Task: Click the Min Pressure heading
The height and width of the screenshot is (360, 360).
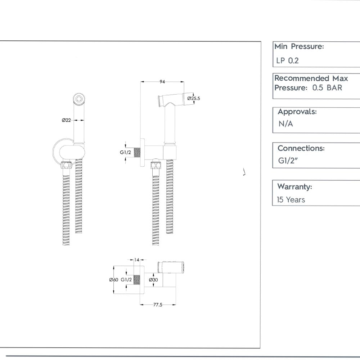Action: [299, 46]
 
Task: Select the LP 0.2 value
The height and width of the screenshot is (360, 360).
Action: [287, 60]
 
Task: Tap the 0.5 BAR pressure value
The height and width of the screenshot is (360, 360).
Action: [327, 88]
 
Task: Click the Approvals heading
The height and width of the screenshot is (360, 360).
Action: [297, 112]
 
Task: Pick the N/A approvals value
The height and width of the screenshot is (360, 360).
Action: [285, 124]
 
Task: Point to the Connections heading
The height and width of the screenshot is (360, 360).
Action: [301, 148]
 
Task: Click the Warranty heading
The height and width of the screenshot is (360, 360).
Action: [294, 187]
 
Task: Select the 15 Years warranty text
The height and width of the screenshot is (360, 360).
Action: [291, 200]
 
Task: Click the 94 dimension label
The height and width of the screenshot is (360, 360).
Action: [162, 82]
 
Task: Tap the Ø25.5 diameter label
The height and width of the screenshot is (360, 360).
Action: [193, 98]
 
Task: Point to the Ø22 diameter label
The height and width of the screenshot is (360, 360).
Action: [66, 120]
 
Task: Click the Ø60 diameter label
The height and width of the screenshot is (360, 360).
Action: [113, 280]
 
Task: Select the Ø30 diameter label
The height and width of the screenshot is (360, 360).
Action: [153, 280]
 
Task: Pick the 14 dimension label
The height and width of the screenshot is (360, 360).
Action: [137, 260]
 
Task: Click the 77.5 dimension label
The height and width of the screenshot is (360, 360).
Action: [158, 305]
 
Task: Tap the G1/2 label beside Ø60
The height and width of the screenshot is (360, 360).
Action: [126, 280]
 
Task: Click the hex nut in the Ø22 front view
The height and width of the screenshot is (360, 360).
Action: [66, 166]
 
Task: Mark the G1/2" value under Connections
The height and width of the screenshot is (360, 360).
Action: [286, 161]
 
